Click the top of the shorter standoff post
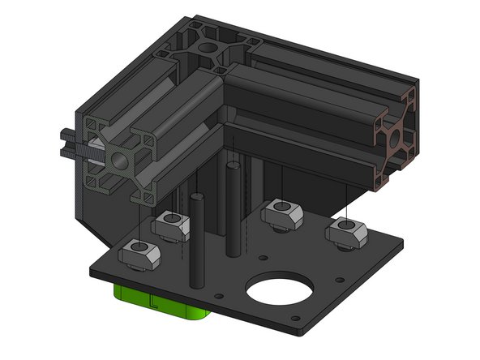[195, 196]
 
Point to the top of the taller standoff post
[232, 166]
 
